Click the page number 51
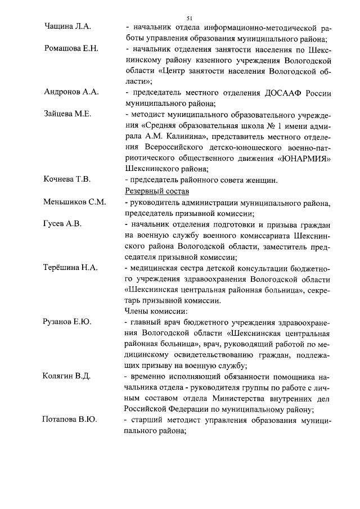click(188, 18)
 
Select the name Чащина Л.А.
click(67, 26)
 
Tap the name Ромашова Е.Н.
click(71, 48)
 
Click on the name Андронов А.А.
click(71, 92)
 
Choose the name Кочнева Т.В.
click(67, 179)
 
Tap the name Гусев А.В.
click(63, 224)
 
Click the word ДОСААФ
click(281, 93)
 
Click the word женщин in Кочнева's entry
click(260, 180)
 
